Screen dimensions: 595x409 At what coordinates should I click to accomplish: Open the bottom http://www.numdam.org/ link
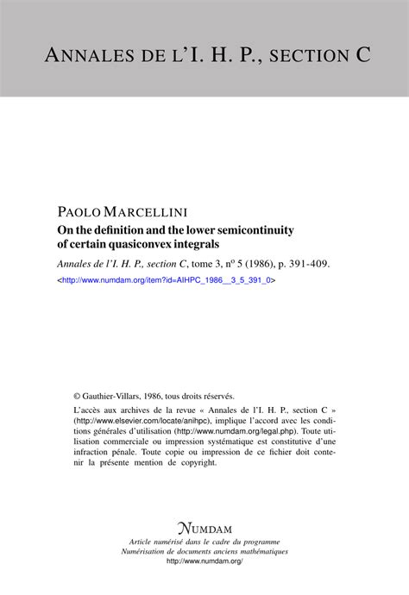[x=204, y=562]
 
